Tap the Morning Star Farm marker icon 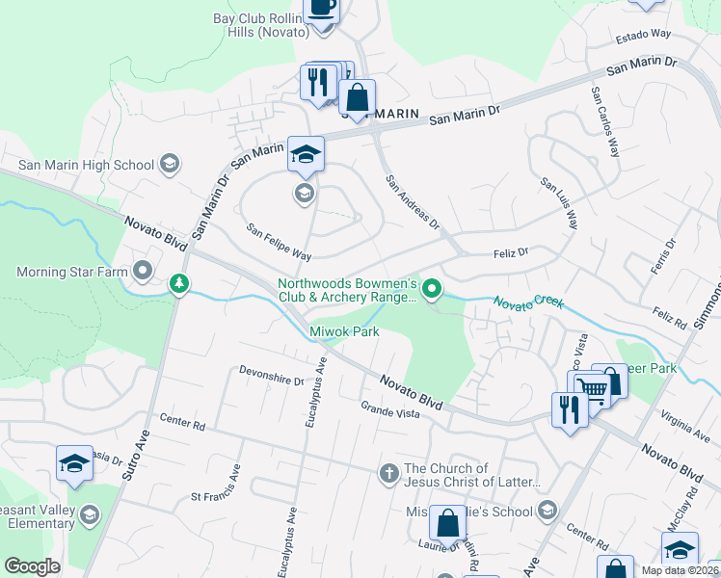(x=144, y=271)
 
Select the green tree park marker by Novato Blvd (x=178, y=284)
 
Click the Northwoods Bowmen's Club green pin (x=434, y=287)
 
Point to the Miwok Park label (x=344, y=332)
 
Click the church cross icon (x=388, y=473)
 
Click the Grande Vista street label (x=389, y=413)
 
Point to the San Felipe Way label (x=279, y=243)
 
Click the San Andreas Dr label (x=413, y=202)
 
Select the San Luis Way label (x=559, y=202)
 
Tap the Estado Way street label (x=643, y=36)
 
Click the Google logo (x=32, y=565)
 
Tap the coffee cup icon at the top (x=322, y=8)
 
